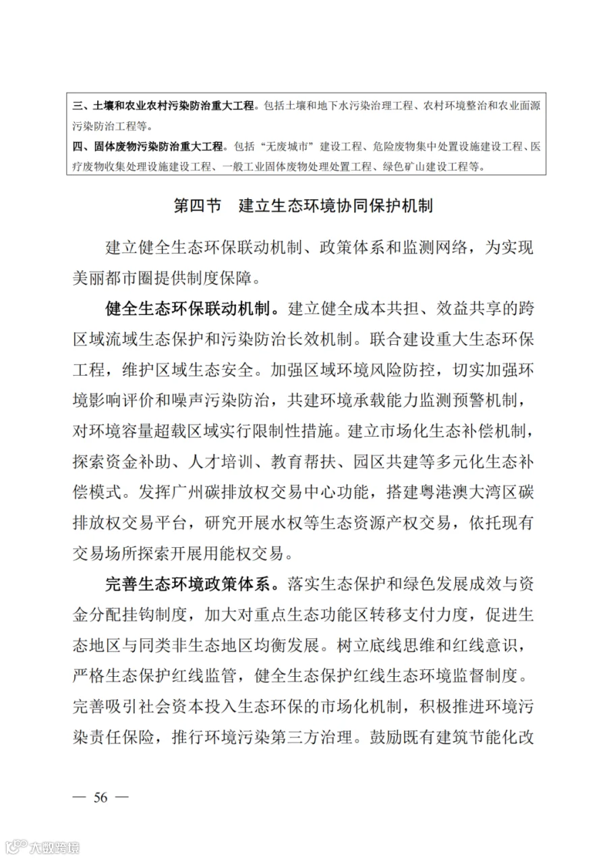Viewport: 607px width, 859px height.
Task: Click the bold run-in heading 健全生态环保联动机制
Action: tap(192, 310)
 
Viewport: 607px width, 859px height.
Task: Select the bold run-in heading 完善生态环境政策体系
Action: tap(192, 582)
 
